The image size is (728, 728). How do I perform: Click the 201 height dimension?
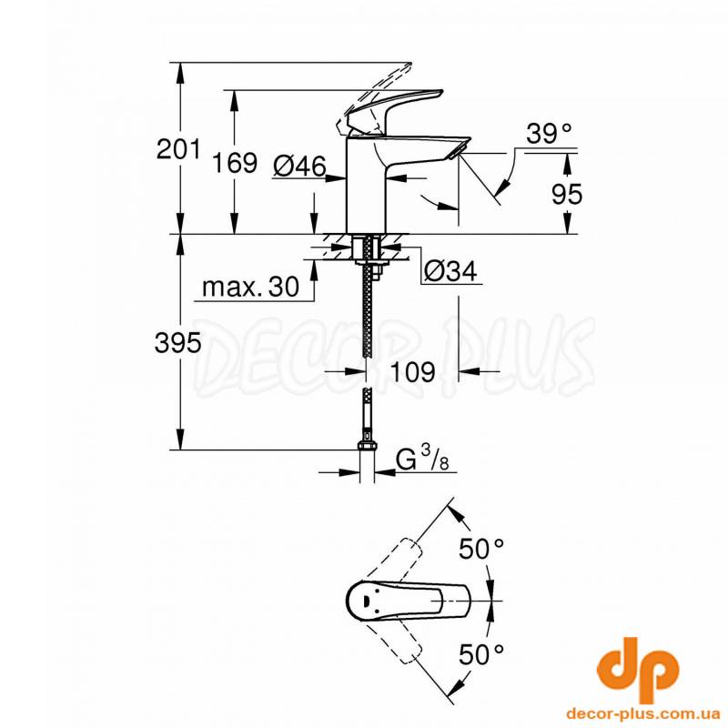coord(178,149)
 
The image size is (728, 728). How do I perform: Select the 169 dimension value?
coord(235,163)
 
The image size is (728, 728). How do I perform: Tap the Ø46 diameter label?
coord(299,166)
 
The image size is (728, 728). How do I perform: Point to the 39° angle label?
coord(549,134)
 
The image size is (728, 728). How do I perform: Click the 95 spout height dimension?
coord(566,194)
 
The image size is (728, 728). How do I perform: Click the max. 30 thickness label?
coord(251,287)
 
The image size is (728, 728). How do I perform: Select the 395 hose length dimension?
coord(178,344)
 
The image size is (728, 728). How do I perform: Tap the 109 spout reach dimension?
coord(413,371)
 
